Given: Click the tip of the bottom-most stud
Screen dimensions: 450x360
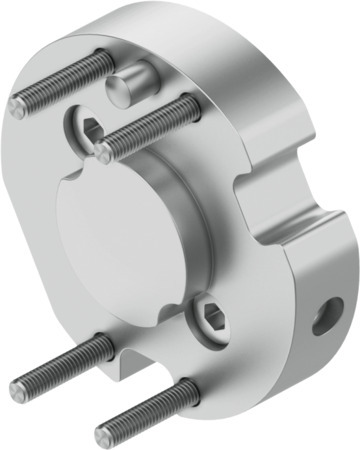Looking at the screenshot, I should point(104,437).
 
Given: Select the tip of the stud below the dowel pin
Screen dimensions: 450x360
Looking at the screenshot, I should point(105,152).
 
